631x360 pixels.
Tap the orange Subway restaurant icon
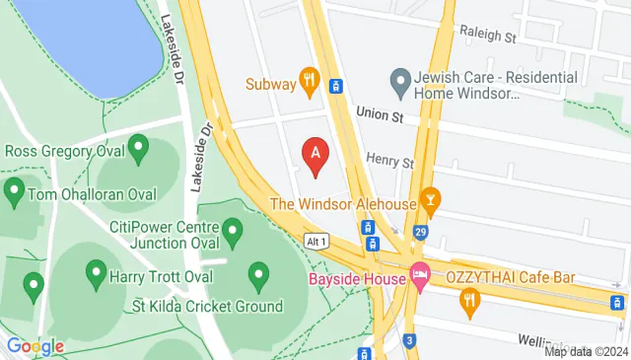click(x=310, y=83)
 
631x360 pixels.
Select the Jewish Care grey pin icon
click(x=399, y=81)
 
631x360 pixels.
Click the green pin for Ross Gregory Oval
click(x=138, y=151)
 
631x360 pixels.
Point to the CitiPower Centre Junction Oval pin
click(x=233, y=233)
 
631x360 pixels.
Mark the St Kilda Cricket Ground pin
click(x=259, y=274)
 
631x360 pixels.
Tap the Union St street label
click(x=376, y=114)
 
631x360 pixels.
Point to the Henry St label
click(x=389, y=160)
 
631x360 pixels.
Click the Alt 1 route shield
click(x=315, y=241)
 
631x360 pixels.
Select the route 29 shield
click(x=421, y=232)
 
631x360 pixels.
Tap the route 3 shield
click(x=409, y=340)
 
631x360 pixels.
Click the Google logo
click(x=35, y=345)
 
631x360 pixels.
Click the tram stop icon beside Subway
click(x=336, y=86)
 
